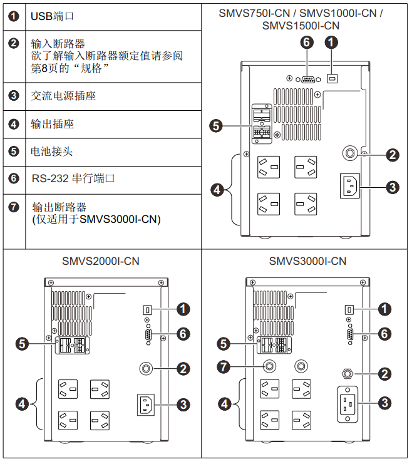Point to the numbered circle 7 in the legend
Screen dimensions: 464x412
pyautogui.click(x=14, y=207)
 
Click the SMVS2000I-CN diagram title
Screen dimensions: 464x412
pyautogui.click(x=101, y=260)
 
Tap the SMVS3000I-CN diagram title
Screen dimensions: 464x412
pyautogui.click(x=307, y=260)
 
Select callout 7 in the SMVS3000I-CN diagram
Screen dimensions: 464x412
pyautogui.click(x=223, y=366)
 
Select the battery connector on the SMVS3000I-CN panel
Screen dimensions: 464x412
pyautogui.click(x=271, y=344)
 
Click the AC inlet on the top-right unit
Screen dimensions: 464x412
pyautogui.click(x=350, y=186)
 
